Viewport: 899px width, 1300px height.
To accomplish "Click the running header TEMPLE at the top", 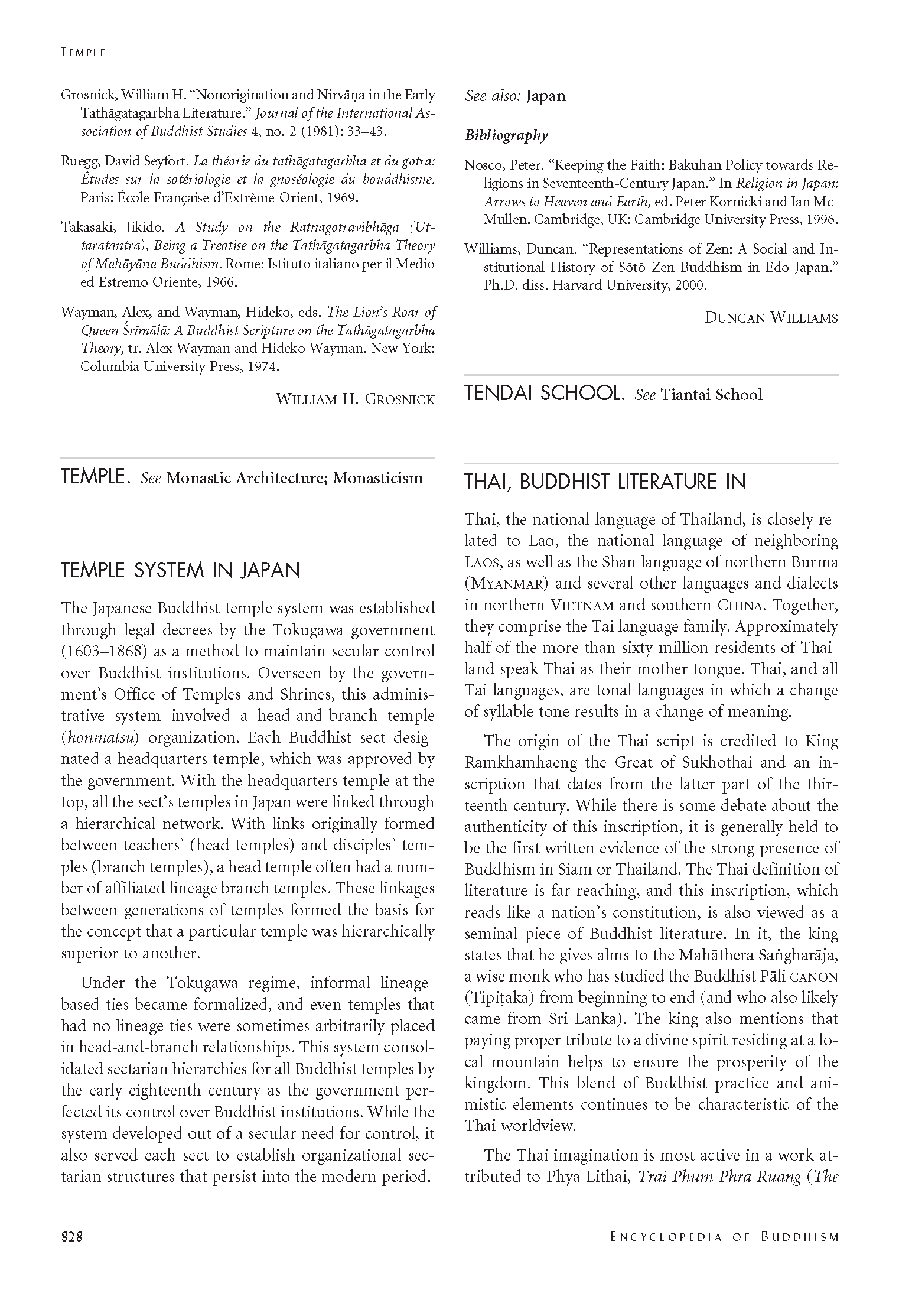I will pos(83,53).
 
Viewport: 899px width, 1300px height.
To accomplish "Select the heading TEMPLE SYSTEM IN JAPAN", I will pos(181,570).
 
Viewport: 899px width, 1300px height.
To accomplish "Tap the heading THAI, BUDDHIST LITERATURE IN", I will pos(605,482).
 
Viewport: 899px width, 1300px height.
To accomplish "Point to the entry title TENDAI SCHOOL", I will pos(544,394).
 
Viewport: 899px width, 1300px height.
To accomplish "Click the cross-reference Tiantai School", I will pos(711,395).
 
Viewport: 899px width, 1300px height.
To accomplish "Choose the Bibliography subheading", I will pos(506,135).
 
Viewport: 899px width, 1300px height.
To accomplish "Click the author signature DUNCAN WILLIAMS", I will pos(771,318).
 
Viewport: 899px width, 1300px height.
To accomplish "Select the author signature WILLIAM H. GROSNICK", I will pos(355,399).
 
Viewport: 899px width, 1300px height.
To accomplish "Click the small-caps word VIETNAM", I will pos(582,606).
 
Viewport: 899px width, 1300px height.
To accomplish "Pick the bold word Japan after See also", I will pos(546,96).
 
